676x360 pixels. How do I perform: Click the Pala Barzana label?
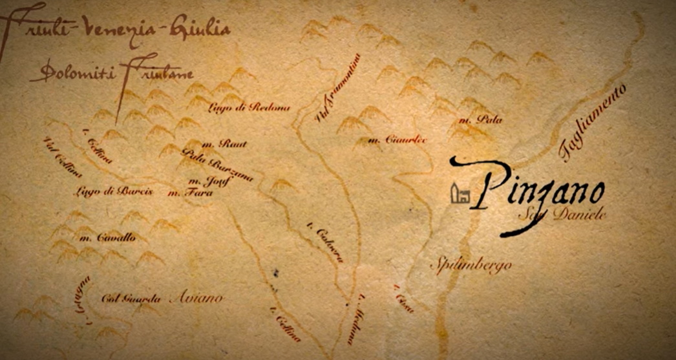(218, 165)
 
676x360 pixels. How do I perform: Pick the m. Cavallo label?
(107, 238)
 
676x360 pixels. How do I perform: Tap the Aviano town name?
(195, 298)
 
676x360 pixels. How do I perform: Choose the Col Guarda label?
(131, 299)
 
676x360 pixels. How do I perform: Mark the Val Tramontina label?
(337, 87)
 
